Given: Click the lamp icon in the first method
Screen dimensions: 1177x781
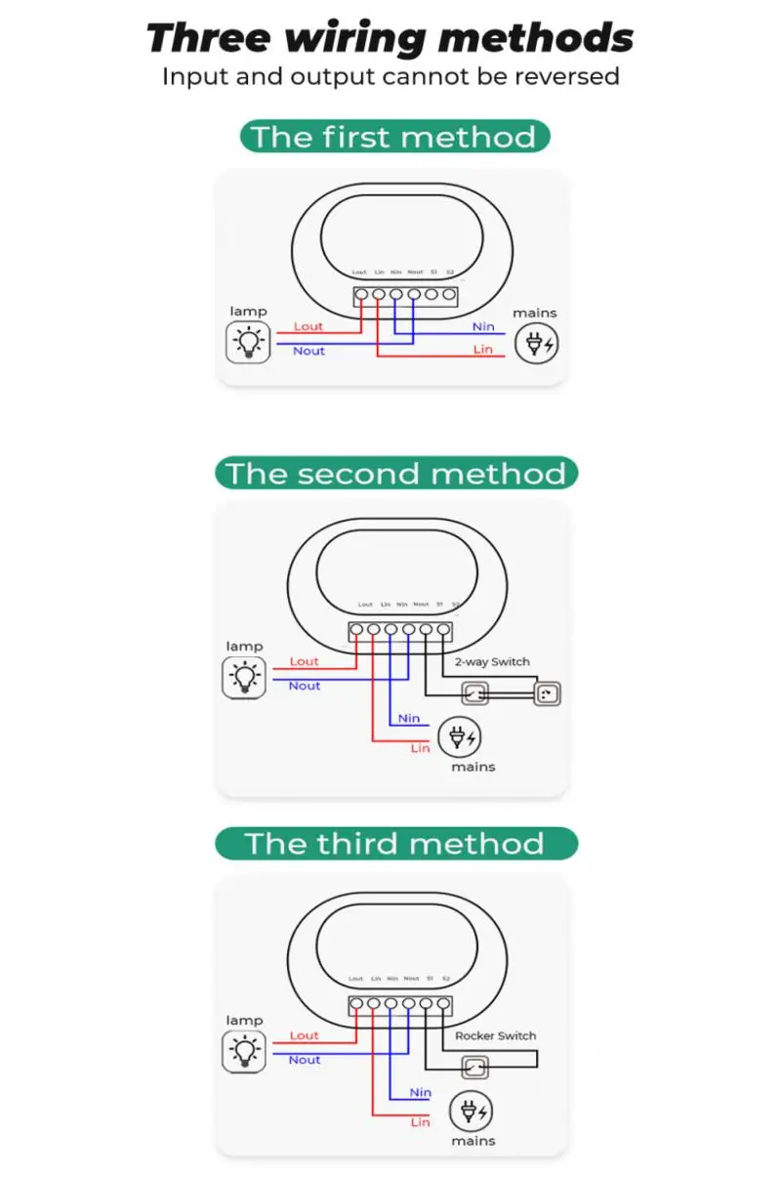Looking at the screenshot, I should tap(248, 342).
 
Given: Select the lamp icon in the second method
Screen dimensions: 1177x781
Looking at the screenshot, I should tap(244, 677).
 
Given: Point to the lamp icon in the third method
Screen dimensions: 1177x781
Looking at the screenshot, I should tap(244, 1051).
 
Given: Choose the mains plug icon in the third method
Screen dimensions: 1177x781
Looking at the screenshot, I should tap(472, 1112).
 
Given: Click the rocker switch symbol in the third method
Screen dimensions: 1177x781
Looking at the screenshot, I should tap(475, 1069).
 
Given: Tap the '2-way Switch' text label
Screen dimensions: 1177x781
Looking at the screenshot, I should tap(492, 661).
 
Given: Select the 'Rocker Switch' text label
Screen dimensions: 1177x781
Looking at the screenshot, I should tap(495, 1035).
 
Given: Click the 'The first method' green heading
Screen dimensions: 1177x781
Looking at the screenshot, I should tap(394, 137).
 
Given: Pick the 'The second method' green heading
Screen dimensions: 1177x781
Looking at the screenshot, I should tap(395, 474).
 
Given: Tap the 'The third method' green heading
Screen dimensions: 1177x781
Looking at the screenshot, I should tap(395, 844).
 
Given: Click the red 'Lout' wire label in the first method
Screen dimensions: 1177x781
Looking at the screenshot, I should tap(308, 326).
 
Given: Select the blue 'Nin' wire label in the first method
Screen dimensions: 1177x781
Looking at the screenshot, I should tap(483, 326).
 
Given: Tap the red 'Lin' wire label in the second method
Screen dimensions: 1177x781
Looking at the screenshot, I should tap(420, 748).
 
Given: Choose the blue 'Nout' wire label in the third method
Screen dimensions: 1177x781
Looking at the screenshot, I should tap(305, 1060).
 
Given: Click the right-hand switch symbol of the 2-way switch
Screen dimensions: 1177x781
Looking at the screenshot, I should tap(547, 694).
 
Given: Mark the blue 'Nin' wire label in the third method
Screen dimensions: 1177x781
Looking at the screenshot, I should tap(421, 1092).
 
